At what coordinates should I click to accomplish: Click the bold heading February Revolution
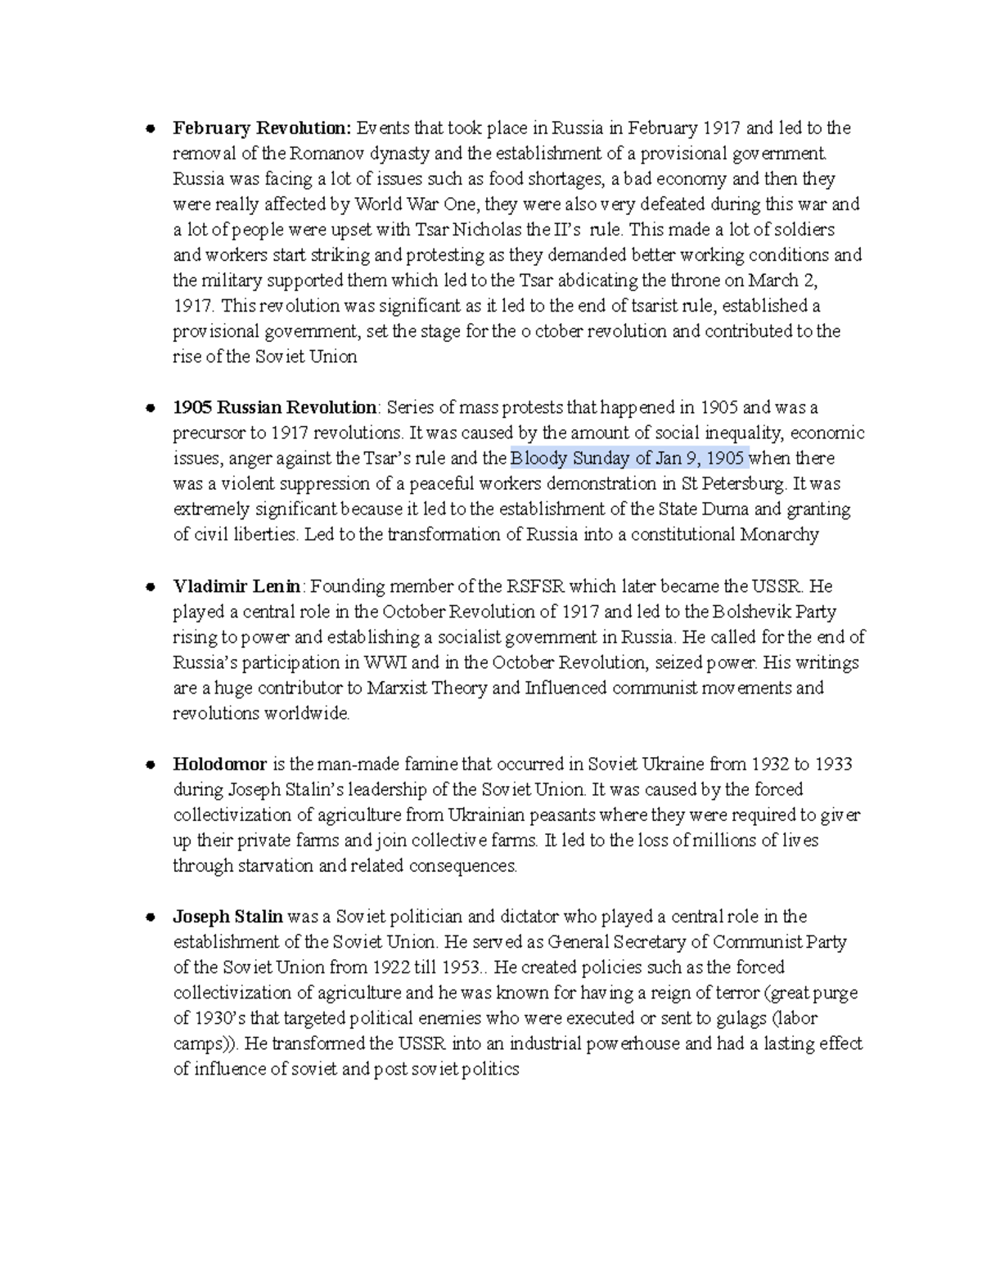tap(261, 128)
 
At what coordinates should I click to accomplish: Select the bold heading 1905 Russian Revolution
tap(274, 408)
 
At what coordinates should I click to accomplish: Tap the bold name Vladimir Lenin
tap(237, 586)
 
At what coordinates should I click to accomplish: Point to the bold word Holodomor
tap(219, 765)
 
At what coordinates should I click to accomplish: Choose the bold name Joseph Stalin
tap(227, 917)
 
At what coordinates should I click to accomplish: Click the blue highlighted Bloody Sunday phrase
tap(628, 458)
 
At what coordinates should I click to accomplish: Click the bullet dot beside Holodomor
tap(150, 765)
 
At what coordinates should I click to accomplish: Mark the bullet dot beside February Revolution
tap(150, 129)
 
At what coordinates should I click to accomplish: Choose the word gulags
tap(740, 1019)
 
